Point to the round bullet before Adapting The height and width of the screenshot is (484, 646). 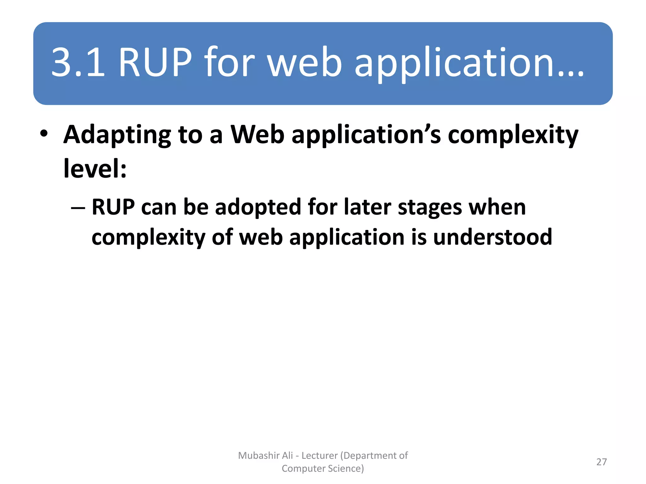click(44, 134)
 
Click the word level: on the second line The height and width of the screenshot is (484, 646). click(95, 169)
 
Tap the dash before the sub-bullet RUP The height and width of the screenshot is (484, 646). click(78, 208)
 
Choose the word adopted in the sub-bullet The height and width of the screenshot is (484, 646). click(258, 208)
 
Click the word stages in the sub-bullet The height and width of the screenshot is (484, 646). click(430, 208)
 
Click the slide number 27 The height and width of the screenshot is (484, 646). click(602, 462)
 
